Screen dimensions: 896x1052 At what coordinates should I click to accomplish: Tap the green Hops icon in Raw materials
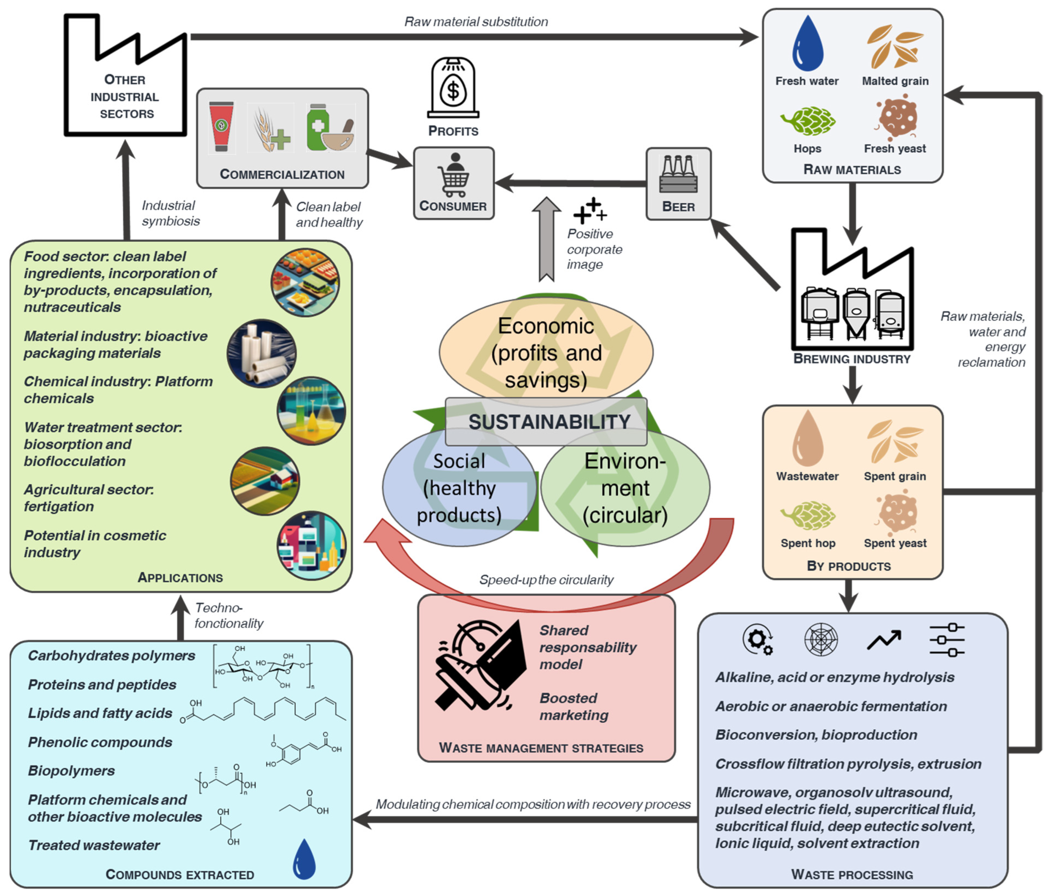808,121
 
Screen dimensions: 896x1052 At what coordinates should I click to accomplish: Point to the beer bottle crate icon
678,174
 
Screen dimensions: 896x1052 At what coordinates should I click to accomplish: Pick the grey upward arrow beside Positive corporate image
546,239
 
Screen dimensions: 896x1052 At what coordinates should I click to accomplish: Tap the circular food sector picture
305,282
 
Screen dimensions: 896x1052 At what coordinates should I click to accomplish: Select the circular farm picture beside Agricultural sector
265,481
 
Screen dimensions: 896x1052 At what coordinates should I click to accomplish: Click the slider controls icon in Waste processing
947,640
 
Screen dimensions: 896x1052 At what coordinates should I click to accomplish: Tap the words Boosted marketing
574,707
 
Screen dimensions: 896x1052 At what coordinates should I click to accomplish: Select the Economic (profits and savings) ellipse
546,350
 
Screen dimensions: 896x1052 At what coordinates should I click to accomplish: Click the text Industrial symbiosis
170,213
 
